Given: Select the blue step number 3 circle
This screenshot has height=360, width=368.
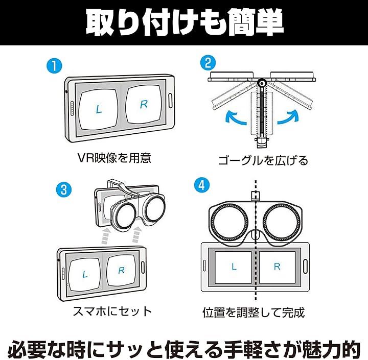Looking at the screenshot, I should pyautogui.click(x=63, y=189).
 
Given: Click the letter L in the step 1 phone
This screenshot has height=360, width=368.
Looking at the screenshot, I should pyautogui.click(x=99, y=109).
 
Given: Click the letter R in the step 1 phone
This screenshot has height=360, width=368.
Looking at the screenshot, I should pyautogui.click(x=144, y=105).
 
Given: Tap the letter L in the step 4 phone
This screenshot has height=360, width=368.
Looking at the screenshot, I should pyautogui.click(x=234, y=267).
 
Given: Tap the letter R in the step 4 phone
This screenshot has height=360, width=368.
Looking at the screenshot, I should pyautogui.click(x=277, y=267).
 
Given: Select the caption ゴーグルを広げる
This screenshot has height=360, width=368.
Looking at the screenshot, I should pyautogui.click(x=263, y=160).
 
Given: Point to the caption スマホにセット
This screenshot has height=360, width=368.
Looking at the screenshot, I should pyautogui.click(x=113, y=310).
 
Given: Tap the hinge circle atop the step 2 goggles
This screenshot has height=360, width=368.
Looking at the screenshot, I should pyautogui.click(x=262, y=82).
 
